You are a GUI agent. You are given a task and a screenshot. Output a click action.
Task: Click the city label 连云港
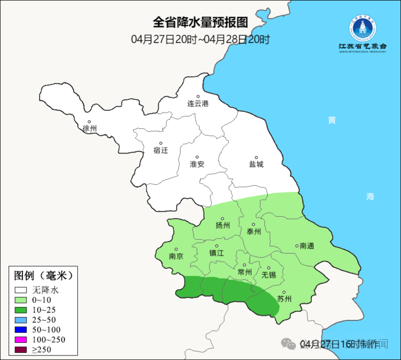coord(198,104)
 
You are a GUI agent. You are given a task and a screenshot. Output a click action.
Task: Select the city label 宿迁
coord(161,150)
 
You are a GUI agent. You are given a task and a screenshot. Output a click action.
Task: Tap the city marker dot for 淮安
coord(197,157)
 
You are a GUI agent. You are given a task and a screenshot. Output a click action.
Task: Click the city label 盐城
coord(256,164)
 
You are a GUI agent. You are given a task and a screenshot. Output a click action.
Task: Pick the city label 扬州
coord(223,226)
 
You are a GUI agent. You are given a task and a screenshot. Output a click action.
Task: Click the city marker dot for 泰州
coord(254,224)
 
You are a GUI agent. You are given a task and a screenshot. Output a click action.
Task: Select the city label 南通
coord(307,246)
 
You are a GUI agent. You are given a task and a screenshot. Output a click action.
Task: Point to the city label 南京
coord(176,256)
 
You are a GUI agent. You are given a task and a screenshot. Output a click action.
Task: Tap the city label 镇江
coord(217,253)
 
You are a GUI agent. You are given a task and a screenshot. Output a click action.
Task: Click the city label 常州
coord(245,272)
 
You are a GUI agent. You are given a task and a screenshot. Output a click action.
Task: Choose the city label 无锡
coord(269,275)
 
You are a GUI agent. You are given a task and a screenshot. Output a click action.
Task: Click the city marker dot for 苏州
coord(284,292)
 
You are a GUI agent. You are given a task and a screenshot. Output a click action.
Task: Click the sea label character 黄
coord(332,120)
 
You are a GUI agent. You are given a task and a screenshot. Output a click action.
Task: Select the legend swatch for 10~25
coord(21,310)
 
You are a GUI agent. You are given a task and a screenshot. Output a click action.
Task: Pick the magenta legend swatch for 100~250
coord(21,340)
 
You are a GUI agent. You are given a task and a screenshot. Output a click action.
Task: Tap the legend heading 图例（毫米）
coord(43,276)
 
